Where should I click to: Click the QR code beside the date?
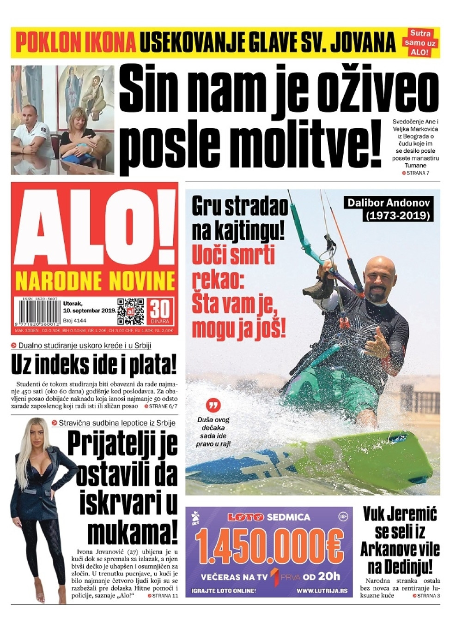[130, 311]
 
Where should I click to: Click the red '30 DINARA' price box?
[160, 311]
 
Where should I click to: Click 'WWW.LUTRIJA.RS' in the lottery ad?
[322, 591]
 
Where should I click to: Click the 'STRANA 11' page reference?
[163, 596]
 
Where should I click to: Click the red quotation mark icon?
[213, 405]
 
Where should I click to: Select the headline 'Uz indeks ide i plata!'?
[94, 365]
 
